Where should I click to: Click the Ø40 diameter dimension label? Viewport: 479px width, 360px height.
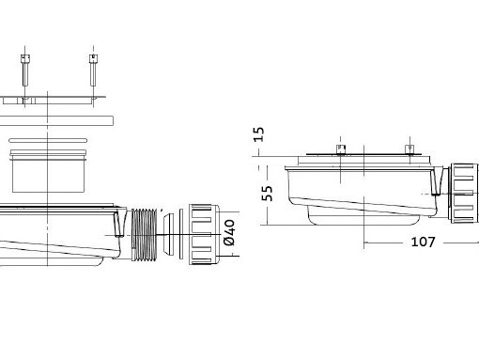[x=229, y=232]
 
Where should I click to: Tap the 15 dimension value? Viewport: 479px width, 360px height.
[x=258, y=134]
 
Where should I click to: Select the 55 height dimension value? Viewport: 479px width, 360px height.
[x=267, y=194]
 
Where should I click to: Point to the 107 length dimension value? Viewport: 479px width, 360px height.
[x=423, y=242]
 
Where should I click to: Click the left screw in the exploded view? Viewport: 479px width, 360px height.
[x=25, y=70]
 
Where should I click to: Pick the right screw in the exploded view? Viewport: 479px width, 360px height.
[x=93, y=70]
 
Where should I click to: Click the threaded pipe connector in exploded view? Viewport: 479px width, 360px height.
[x=145, y=234]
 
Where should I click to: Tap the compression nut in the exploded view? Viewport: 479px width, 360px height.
[x=205, y=234]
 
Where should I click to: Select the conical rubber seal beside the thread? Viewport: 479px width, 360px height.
[x=169, y=234]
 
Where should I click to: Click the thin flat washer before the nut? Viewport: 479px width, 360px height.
[x=181, y=234]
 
